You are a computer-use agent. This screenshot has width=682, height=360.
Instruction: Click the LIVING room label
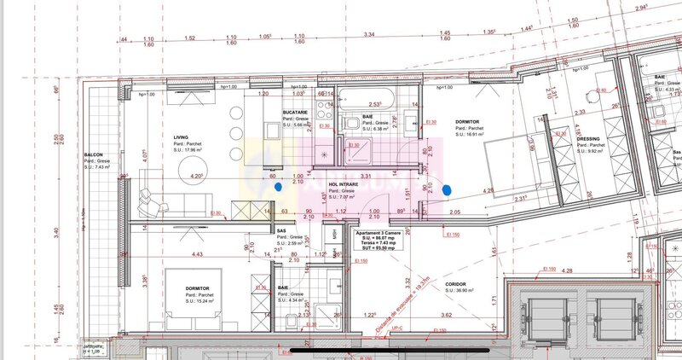[181, 136]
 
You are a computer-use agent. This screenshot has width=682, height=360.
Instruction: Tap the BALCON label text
[94, 155]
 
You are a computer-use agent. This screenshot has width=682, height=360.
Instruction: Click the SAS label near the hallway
[281, 231]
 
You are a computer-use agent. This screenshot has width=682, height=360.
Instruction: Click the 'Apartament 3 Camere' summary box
[381, 243]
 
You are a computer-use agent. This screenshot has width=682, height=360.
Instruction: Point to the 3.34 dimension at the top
[369, 35]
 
